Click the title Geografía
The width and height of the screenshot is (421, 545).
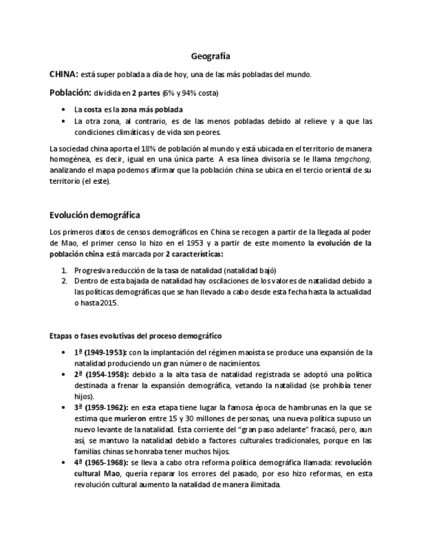(x=211, y=57)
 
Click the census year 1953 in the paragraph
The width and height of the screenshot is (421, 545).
(x=184, y=243)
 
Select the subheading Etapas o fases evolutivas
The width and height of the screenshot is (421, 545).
(x=136, y=335)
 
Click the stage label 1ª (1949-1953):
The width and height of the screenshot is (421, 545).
(x=101, y=352)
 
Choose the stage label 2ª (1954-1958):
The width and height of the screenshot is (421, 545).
(x=102, y=374)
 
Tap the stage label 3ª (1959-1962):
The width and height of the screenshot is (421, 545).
(x=102, y=407)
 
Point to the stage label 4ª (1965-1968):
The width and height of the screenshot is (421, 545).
(x=102, y=462)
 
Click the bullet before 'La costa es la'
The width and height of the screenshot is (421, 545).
(x=62, y=110)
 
